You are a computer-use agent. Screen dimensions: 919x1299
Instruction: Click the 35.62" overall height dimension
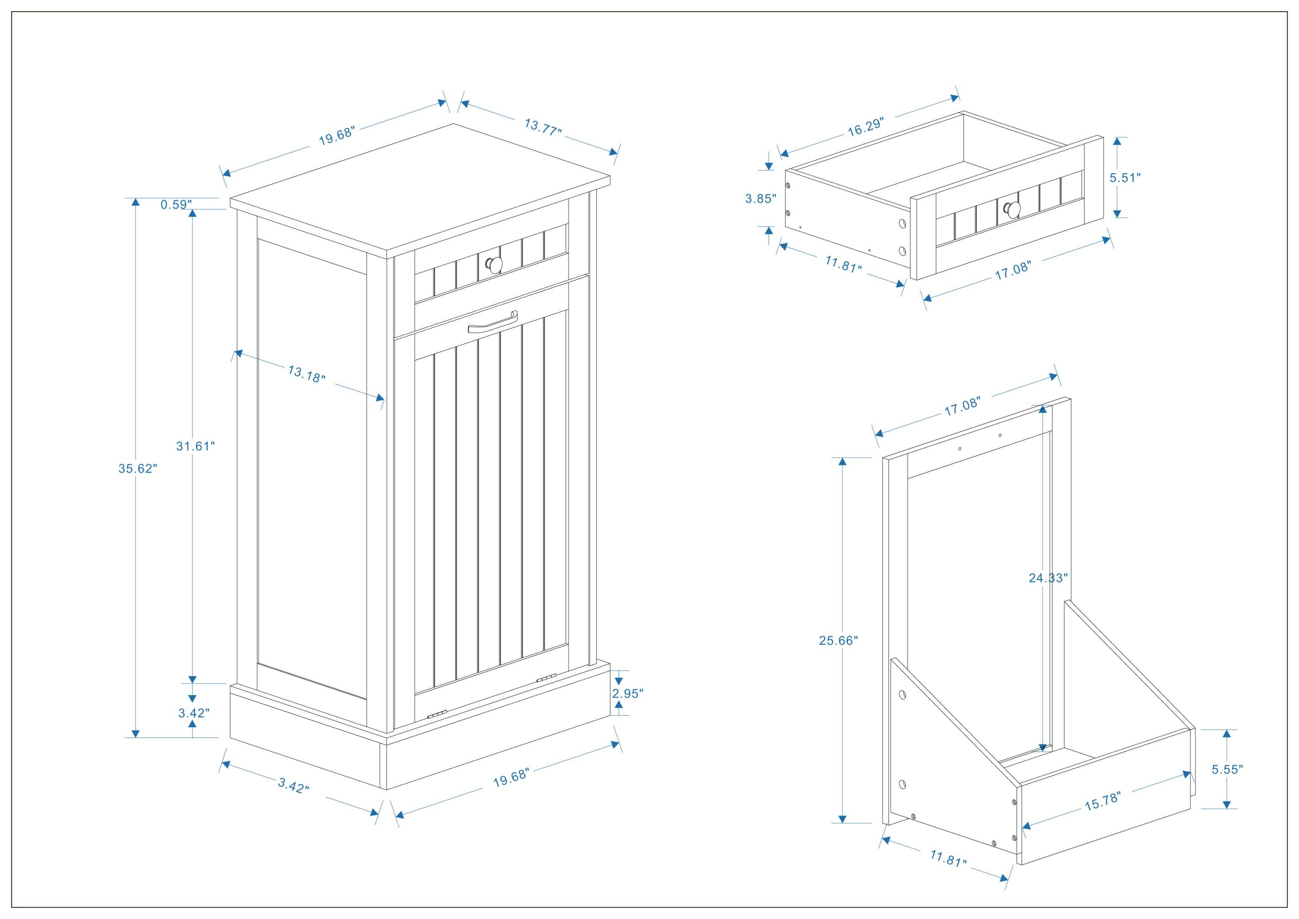[x=137, y=468]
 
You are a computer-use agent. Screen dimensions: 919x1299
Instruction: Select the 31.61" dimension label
[x=195, y=446]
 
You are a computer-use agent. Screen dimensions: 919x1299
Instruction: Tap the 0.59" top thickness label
[x=176, y=204]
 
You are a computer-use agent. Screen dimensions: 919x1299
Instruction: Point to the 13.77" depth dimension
[x=543, y=127]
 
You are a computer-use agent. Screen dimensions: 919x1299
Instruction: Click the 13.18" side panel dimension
[x=307, y=374]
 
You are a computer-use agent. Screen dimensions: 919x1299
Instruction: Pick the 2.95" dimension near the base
[x=627, y=693]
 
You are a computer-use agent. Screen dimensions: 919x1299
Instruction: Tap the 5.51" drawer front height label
[x=1125, y=177]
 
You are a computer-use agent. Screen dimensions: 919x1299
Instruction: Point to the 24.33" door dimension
[x=1048, y=578]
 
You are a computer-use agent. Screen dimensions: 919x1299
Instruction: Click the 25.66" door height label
[x=838, y=640]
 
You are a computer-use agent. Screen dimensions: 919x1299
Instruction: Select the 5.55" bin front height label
[x=1227, y=769]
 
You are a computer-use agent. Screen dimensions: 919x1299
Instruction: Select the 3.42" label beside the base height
[x=194, y=713]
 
